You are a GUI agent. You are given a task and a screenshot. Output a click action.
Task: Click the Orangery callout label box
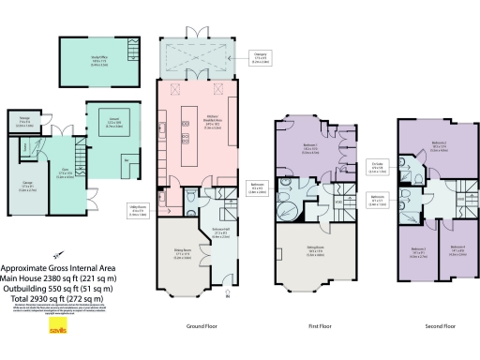click(262, 56)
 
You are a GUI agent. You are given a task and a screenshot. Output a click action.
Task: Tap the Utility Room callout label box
click(136, 214)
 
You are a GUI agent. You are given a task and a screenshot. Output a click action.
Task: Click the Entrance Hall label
click(220, 233)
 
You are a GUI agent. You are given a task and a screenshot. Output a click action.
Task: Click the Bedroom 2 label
click(440, 145)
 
